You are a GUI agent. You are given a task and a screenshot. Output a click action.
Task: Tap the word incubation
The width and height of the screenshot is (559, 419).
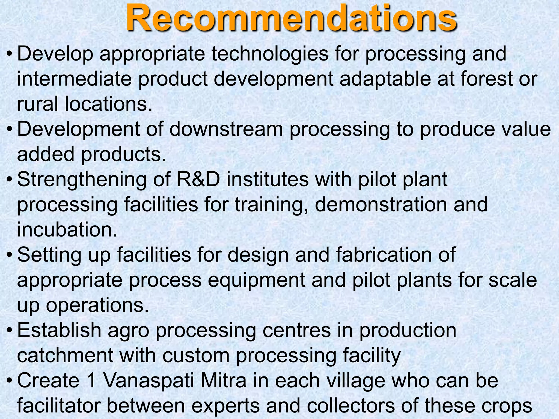click(67, 230)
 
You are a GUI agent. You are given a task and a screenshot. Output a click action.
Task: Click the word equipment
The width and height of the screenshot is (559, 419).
click(256, 280)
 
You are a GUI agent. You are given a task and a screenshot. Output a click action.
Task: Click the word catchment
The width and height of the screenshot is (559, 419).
click(65, 355)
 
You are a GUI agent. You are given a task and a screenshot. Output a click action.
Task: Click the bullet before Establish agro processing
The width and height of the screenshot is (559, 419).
click(9, 331)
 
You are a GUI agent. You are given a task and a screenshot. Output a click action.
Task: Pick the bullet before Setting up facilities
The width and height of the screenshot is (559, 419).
click(9, 255)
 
